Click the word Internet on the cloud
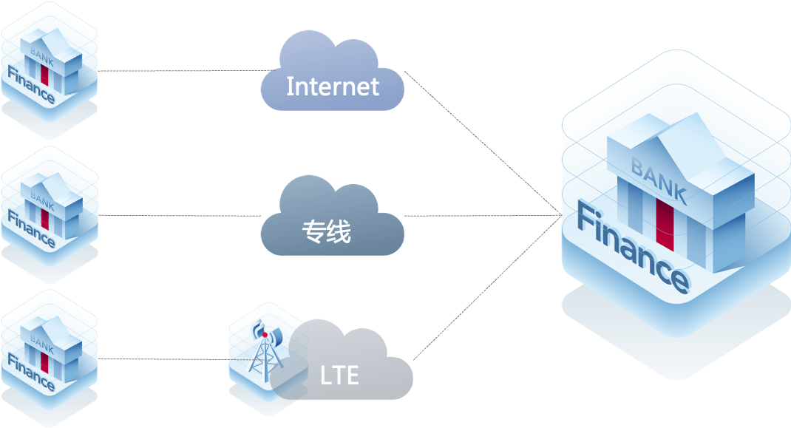coord(332,86)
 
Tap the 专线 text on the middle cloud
coord(326,232)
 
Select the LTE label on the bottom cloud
coord(339,376)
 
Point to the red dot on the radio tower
coord(265,335)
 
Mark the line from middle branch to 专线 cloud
coord(181,216)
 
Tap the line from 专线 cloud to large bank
coord(481,216)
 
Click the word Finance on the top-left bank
coord(31,86)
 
